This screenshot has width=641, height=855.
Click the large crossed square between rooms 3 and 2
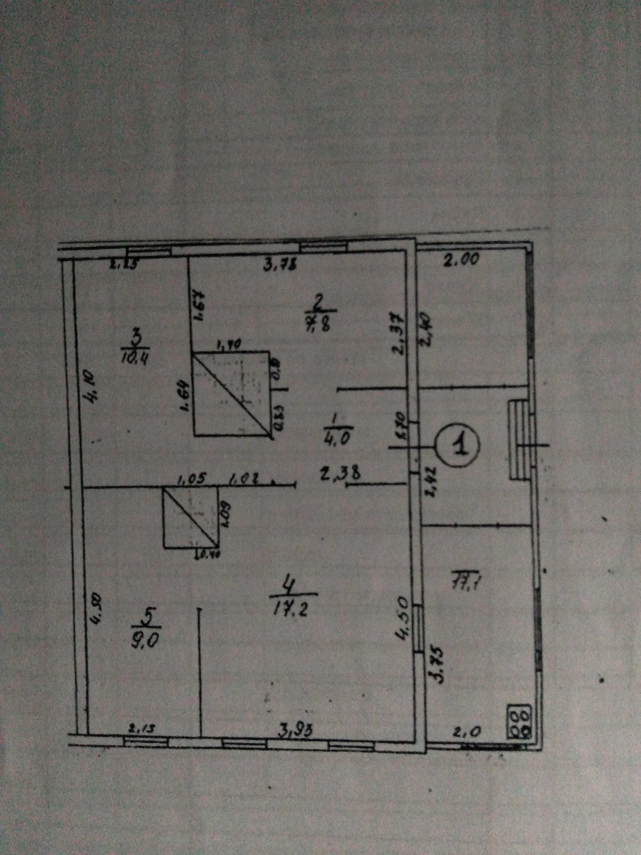231,394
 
